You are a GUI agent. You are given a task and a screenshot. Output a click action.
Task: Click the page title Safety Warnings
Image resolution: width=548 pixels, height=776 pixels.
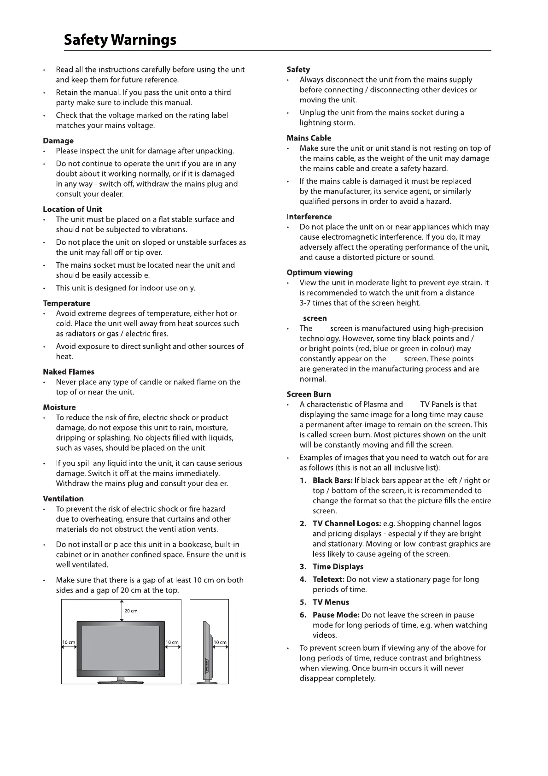coord(120,40)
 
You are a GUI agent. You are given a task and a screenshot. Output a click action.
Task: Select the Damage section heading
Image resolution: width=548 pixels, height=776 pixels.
coord(58,141)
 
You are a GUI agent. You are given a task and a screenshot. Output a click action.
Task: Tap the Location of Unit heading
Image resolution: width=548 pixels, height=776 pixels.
coord(72,209)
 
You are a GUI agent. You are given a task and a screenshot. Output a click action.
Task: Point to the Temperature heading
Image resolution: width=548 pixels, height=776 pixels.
coord(66,303)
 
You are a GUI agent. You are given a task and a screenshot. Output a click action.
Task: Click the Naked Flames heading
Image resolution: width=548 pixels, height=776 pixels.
coord(68,372)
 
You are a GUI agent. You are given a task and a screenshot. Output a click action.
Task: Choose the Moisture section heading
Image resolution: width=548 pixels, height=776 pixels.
coord(59,407)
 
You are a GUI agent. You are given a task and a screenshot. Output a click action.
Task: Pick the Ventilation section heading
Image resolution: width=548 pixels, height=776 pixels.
coord(63,499)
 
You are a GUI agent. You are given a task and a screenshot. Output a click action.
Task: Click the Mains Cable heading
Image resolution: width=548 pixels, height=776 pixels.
coord(309,138)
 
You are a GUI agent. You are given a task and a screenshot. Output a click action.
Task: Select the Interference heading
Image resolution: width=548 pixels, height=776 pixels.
coord(309,217)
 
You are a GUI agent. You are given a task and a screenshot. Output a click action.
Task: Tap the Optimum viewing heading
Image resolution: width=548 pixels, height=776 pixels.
coord(320,272)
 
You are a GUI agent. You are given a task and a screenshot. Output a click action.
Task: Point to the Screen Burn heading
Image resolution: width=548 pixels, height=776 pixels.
coord(309,394)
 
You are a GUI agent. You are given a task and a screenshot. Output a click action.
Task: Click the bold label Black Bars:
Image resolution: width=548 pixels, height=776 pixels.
coord(332,481)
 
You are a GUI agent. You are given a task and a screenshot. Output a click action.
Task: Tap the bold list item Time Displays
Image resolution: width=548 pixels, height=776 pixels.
coord(338,567)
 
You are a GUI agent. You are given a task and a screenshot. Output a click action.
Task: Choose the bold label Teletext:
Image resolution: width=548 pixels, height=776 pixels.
coord(328,579)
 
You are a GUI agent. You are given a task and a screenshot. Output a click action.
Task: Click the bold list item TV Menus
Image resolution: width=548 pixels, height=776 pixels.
coord(331,602)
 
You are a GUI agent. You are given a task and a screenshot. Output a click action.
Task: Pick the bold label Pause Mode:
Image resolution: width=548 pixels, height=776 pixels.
coord(336,615)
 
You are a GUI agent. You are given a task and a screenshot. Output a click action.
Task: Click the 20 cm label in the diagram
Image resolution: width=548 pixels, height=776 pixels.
coord(131,611)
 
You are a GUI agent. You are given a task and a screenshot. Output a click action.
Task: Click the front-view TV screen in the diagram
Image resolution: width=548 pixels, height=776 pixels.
coord(121,647)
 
